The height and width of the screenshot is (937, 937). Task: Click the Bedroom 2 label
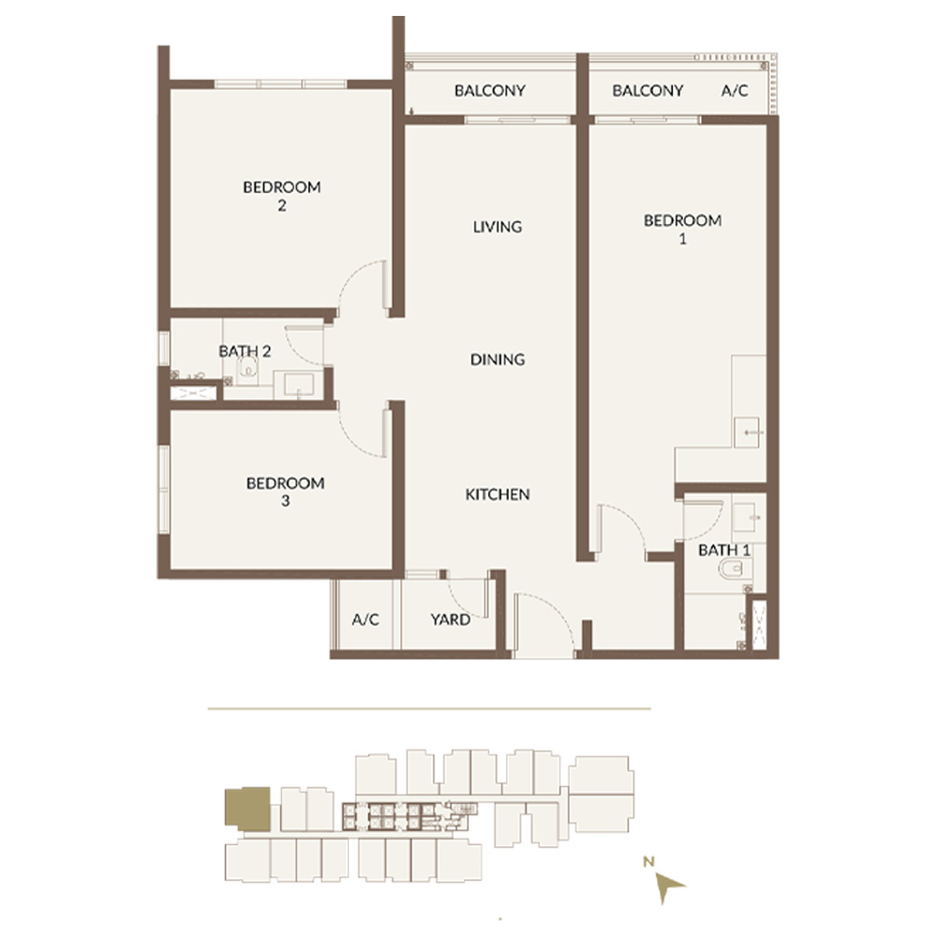[x=282, y=196]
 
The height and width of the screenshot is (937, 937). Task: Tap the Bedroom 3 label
[x=285, y=492]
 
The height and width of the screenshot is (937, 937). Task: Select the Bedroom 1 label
[x=682, y=230]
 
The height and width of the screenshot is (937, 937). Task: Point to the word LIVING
[x=498, y=227]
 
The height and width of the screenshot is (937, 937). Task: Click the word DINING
[x=498, y=360]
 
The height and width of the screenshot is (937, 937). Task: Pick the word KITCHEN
[x=498, y=495]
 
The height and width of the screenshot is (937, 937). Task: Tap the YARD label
[x=450, y=619]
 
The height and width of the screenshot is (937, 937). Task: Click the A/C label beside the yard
[x=365, y=619]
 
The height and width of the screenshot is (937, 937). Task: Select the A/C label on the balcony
[x=735, y=91]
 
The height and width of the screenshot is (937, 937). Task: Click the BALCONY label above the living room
[x=489, y=91]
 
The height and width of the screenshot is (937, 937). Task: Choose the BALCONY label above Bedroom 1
[x=647, y=91]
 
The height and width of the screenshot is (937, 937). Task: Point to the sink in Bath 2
[x=299, y=384]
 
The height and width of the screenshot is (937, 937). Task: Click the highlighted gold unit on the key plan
[x=247, y=810]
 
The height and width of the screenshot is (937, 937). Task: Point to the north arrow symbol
[x=667, y=885]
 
